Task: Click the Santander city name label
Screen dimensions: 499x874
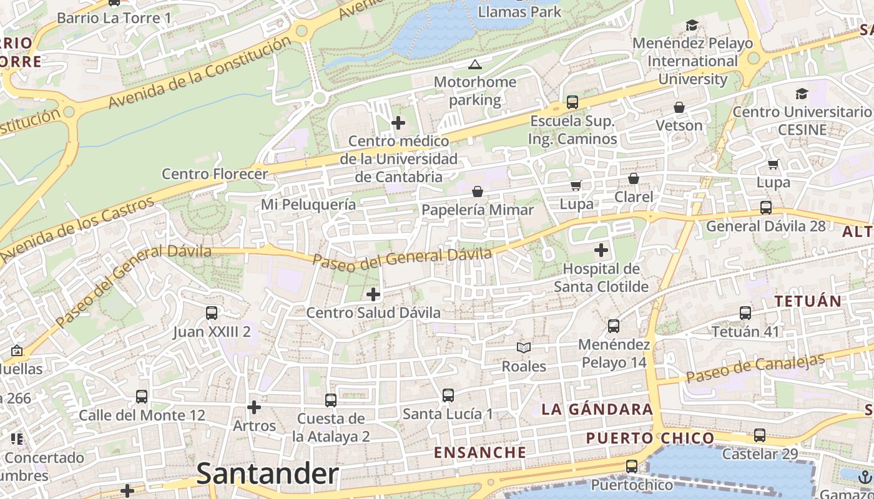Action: pos(267,474)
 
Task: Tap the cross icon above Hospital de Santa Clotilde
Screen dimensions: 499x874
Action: pos(601,251)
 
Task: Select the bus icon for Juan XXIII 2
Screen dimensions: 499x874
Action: pos(212,313)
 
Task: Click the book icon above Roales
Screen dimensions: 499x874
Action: pos(524,348)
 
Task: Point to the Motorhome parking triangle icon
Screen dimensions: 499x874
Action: pos(475,64)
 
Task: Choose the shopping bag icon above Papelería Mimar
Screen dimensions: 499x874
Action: pos(478,191)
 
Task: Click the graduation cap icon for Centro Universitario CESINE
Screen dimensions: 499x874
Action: pos(802,94)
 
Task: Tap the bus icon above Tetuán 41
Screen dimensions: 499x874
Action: pos(745,313)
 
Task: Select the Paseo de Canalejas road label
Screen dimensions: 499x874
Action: pos(755,368)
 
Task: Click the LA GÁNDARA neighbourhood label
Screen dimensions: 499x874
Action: pos(597,410)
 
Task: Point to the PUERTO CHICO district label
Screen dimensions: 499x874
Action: pos(650,438)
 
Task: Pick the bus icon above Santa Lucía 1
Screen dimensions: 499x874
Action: pos(448,395)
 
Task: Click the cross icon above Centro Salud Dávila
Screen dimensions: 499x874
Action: pos(373,294)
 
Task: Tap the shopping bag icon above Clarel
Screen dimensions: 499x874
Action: pos(634,179)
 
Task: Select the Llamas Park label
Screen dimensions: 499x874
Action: pos(519,12)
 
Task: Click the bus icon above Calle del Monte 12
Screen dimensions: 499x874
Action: pos(142,397)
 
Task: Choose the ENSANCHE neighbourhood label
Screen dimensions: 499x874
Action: pos(480,452)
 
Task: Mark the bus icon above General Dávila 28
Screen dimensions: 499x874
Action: pos(765,208)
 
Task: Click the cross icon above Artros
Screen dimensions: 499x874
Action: pos(254,408)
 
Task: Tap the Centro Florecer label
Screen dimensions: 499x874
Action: pos(215,174)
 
